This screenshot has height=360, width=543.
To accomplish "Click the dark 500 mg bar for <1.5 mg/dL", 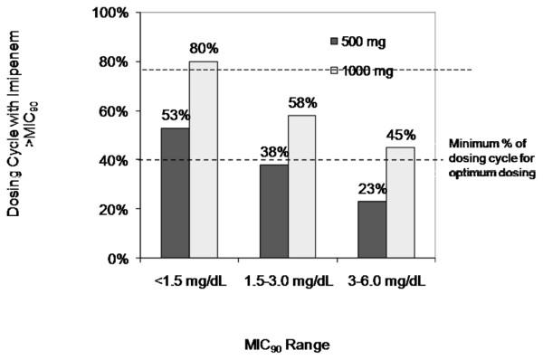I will (x=175, y=193).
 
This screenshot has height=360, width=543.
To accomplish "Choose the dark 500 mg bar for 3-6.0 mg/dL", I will (x=371, y=229).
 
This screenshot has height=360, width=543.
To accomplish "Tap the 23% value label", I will (x=371, y=188).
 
